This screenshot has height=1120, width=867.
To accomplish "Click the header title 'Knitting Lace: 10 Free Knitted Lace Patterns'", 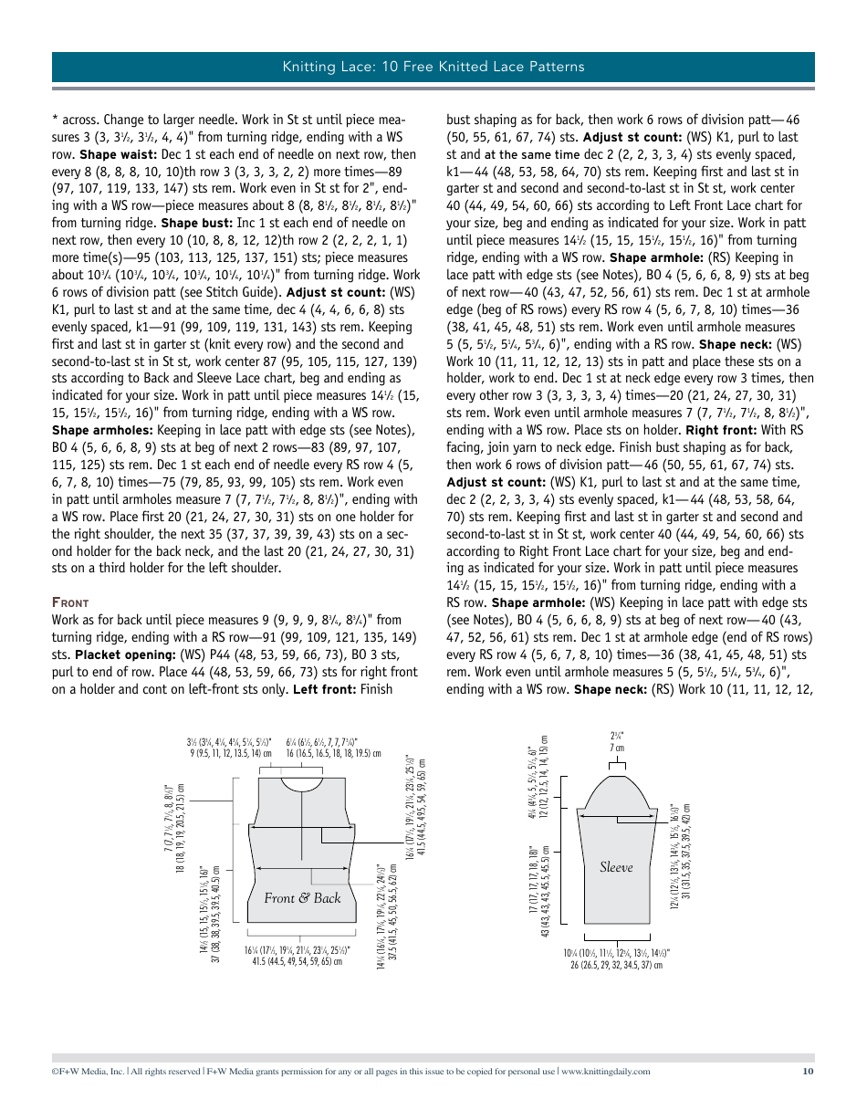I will [433, 67].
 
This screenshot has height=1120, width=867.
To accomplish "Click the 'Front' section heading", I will [70, 602].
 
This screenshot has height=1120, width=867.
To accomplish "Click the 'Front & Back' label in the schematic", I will [302, 898].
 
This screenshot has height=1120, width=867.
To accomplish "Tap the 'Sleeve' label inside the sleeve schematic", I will [616, 866].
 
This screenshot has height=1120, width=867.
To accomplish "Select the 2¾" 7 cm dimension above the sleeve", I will [617, 741].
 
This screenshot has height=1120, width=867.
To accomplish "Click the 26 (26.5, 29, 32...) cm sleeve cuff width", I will [617, 964].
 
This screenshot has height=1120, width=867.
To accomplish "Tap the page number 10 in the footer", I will [808, 1072].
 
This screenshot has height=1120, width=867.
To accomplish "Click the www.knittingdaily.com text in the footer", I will [606, 1072].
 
